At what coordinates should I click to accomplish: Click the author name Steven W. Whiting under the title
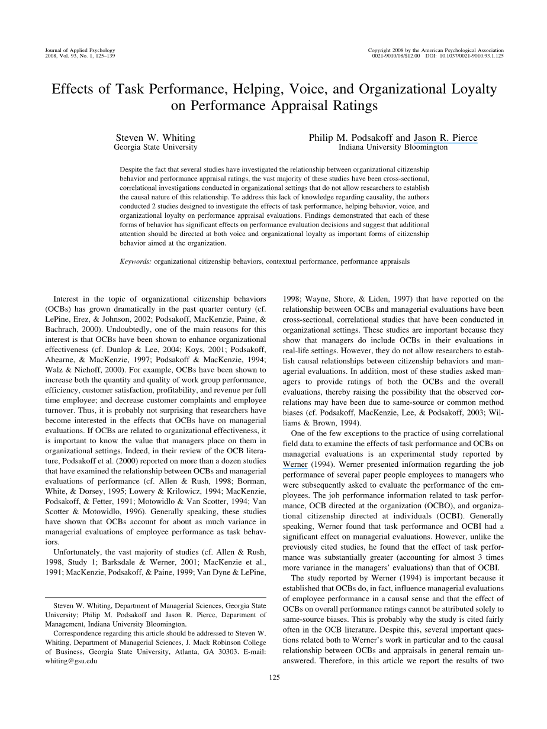pyautogui.click(x=156, y=138)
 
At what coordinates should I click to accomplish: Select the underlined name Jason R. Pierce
pyautogui.click(x=445, y=138)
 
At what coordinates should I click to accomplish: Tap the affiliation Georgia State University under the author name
pyautogui.click(x=156, y=147)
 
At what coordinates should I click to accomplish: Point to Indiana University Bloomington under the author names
pyautogui.click(x=393, y=147)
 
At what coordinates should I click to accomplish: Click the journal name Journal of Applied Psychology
pyautogui.click(x=80, y=51)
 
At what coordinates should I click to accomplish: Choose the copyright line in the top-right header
pyautogui.click(x=436, y=51)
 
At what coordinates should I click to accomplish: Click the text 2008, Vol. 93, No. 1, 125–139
pyautogui.click(x=81, y=56)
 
